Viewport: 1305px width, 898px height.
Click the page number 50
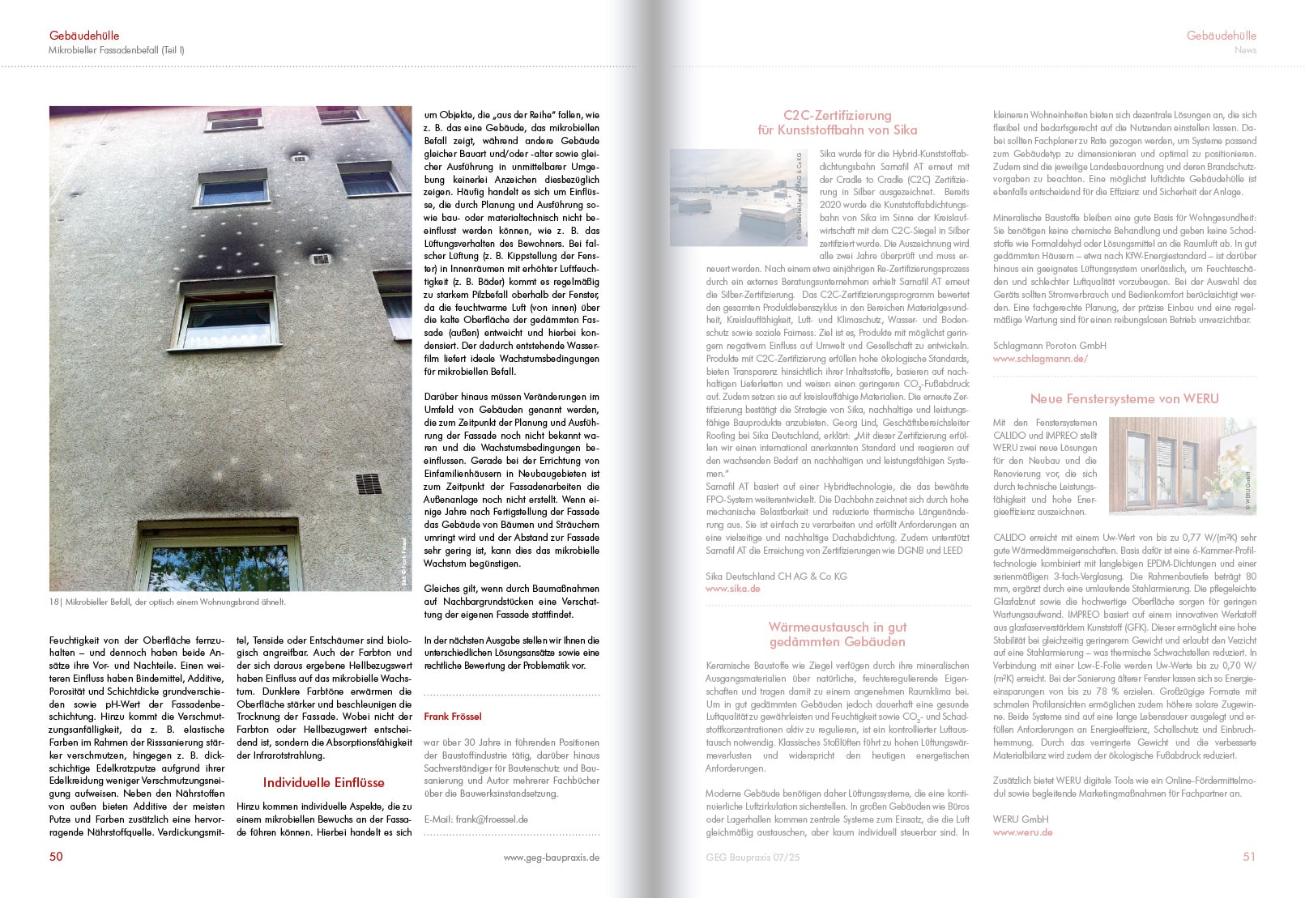point(56,856)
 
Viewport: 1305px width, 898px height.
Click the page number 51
point(1248,856)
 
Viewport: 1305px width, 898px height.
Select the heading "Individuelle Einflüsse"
point(323,782)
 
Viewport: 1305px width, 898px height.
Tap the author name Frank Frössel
point(453,717)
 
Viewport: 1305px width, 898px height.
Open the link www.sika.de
point(732,589)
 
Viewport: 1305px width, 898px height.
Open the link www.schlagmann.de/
point(1040,359)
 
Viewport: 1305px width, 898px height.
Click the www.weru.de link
point(1022,832)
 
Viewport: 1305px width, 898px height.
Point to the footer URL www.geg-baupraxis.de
point(551,857)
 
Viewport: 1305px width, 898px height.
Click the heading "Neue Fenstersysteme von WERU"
point(1124,398)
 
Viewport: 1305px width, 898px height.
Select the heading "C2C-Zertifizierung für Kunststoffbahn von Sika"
point(837,122)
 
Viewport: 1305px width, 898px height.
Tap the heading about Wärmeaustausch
point(837,634)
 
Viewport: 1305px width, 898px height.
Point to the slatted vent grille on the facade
point(369,484)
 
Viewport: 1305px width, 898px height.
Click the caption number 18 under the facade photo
point(54,602)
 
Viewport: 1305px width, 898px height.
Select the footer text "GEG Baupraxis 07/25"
point(753,857)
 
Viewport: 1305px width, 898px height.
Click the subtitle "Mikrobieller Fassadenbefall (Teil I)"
point(117,50)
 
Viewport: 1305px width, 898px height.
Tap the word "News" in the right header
point(1245,50)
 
